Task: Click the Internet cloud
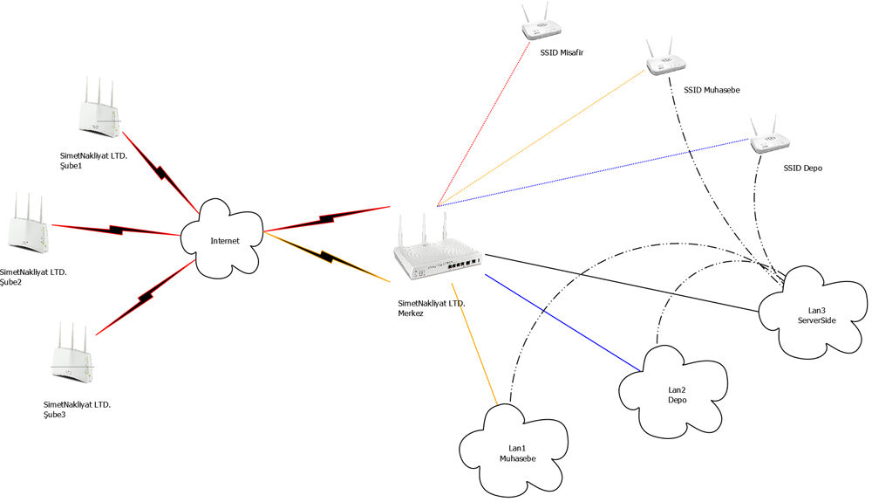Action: click(222, 239)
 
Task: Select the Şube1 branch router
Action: click(99, 110)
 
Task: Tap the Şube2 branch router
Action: click(26, 226)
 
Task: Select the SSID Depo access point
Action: click(767, 136)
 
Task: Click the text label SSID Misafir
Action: click(561, 53)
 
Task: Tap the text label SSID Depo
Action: click(803, 168)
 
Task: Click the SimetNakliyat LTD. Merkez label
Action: click(431, 308)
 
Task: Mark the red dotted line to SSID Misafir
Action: click(485, 123)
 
